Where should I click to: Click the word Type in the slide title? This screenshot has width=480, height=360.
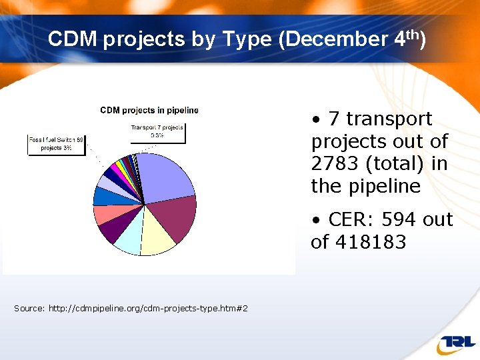point(247,39)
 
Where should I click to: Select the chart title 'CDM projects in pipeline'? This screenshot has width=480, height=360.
point(149,110)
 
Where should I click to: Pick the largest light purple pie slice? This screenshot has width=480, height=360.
point(163,176)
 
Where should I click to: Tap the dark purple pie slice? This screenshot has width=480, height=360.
point(110,230)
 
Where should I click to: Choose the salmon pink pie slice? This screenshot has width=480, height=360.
point(104,214)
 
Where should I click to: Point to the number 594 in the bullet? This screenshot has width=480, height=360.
point(403,219)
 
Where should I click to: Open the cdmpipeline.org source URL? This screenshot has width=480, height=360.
point(148,308)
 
